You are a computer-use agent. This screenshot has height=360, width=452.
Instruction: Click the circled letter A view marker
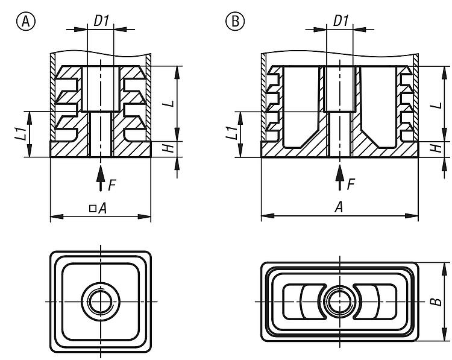[25, 22]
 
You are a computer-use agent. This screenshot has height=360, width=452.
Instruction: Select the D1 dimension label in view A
[101, 21]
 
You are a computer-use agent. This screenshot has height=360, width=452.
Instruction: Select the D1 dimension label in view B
[341, 21]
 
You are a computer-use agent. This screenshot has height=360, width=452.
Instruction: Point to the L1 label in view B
[231, 134]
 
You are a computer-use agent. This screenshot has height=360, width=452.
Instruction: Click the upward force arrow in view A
[100, 178]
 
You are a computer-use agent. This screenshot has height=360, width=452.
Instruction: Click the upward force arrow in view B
[340, 178]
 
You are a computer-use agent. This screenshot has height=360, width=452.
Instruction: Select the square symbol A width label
[99, 208]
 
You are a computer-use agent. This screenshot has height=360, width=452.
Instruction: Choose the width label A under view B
[339, 207]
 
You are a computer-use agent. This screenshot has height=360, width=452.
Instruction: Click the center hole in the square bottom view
[99, 300]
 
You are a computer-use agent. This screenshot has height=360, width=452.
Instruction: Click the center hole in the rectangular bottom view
[339, 300]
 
